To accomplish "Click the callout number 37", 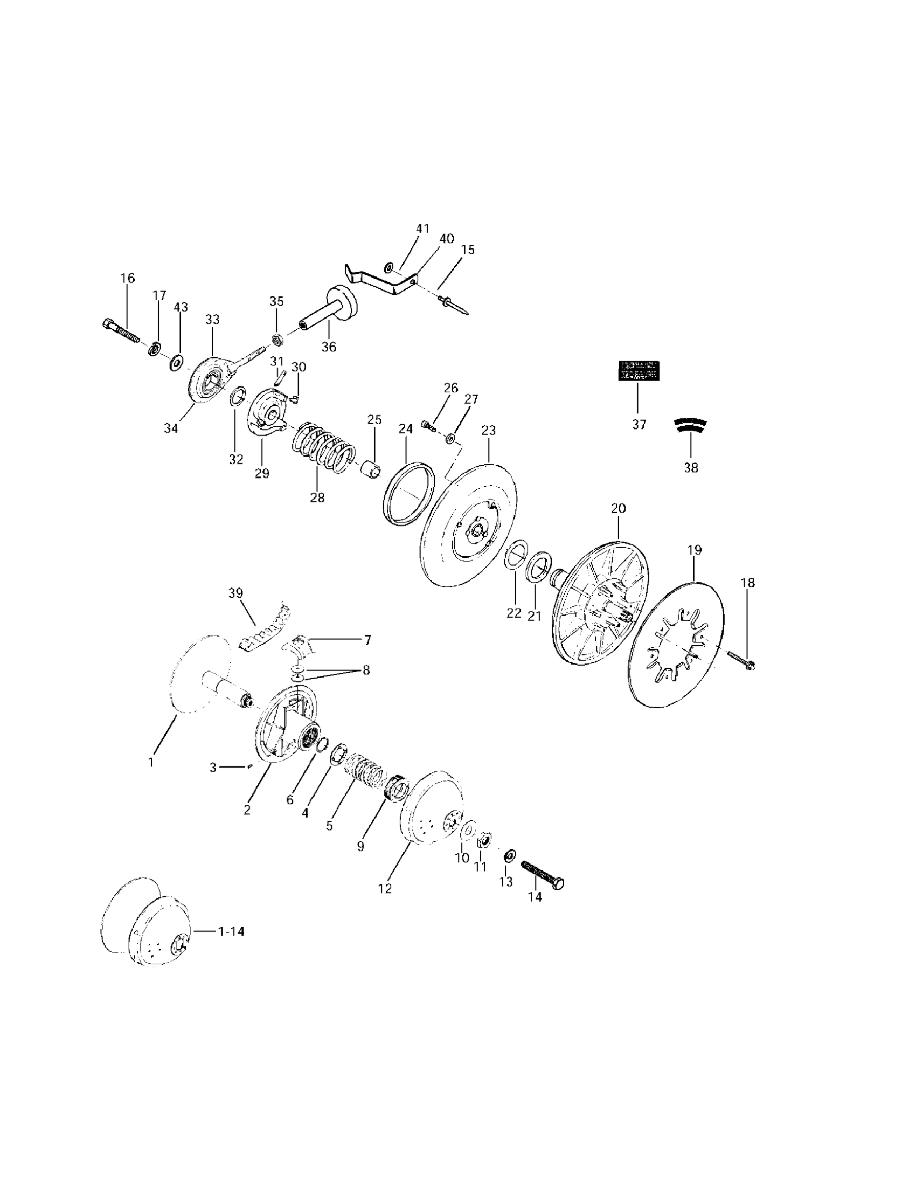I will tap(639, 425).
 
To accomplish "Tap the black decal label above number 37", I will tap(639, 370).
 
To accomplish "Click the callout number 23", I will tap(489, 431).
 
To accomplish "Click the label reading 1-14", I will tap(231, 931).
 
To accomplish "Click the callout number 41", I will tap(422, 229).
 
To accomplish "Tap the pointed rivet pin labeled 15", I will tap(453, 306).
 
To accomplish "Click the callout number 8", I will tap(366, 670).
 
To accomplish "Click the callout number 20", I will tap(618, 508).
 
